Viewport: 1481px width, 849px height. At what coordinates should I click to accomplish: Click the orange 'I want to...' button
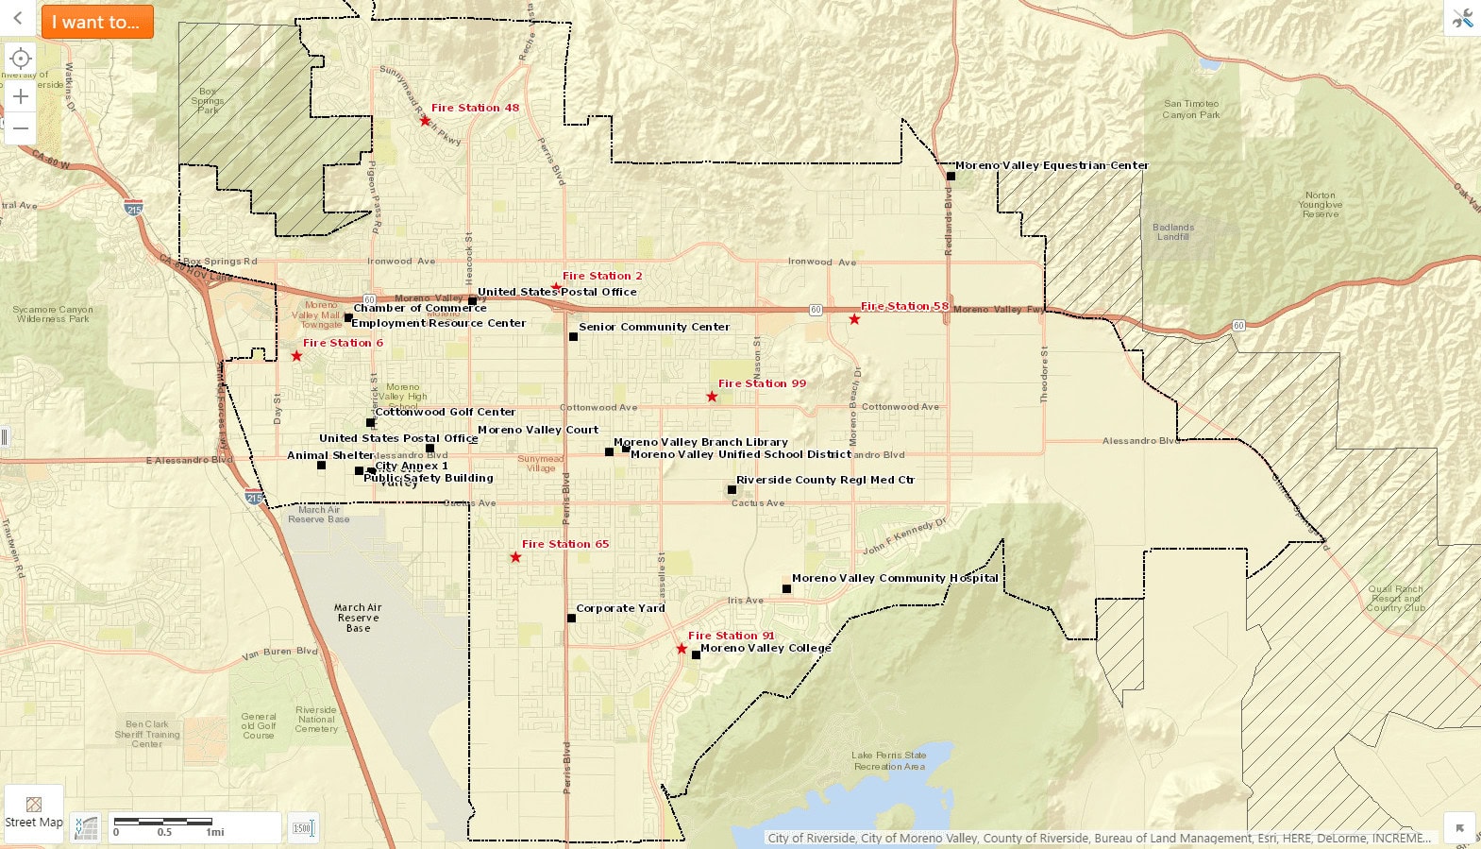[x=96, y=22]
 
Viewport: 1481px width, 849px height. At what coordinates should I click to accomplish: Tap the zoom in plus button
[x=21, y=96]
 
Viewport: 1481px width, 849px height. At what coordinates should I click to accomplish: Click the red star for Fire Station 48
[x=425, y=121]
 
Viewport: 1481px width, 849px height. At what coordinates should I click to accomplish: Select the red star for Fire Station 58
[x=854, y=319]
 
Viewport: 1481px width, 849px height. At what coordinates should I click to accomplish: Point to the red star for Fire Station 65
[x=515, y=557]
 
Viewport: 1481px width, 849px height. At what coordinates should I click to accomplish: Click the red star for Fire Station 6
[x=296, y=356]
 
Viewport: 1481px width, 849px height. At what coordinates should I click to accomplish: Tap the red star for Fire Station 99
[x=712, y=397]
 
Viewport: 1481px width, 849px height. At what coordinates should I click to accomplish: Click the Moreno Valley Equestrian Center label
[x=1052, y=165]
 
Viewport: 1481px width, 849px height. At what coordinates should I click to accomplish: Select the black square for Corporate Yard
[x=571, y=619]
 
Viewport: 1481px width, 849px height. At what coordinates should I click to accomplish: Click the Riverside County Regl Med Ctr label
[x=825, y=480]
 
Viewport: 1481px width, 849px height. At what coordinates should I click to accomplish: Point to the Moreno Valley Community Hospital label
[x=894, y=578]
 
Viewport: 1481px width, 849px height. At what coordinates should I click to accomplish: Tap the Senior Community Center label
[x=654, y=327]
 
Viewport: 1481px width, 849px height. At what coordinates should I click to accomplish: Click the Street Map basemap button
[x=34, y=813]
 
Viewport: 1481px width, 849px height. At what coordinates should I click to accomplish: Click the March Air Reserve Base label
[x=358, y=618]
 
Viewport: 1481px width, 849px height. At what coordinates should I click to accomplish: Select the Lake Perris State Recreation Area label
[x=889, y=761]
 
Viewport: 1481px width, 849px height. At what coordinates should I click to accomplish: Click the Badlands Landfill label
[x=1173, y=231]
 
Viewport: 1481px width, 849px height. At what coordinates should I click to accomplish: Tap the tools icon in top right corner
[x=1462, y=18]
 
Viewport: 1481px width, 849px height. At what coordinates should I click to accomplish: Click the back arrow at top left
[x=17, y=19]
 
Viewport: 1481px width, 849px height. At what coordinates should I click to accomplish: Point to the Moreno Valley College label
[x=766, y=648]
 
